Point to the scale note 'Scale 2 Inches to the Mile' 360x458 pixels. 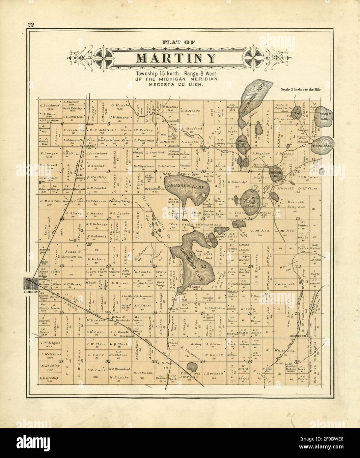(x=300, y=89)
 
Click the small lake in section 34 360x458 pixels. (x=191, y=366)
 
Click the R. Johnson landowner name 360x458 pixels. (x=143, y=373)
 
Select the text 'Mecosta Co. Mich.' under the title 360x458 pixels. (x=176, y=84)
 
